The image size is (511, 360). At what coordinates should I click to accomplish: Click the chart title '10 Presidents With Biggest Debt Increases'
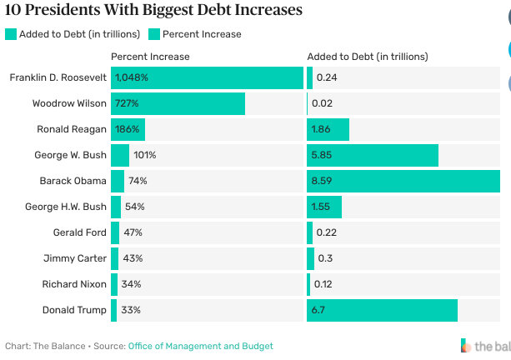click(x=153, y=11)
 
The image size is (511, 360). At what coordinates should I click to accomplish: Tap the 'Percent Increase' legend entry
click(x=201, y=34)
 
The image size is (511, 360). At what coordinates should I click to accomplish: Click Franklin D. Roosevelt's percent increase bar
click(x=207, y=77)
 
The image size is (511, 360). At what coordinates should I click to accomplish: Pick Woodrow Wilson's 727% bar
click(x=178, y=103)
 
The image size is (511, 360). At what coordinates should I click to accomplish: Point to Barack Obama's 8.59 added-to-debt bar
click(x=403, y=181)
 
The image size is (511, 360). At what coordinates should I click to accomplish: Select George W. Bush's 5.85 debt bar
click(x=373, y=155)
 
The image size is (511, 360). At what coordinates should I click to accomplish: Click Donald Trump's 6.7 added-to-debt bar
click(x=382, y=310)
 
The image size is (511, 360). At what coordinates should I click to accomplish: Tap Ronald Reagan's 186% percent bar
click(x=128, y=129)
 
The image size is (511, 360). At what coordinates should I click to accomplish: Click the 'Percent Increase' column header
click(x=150, y=57)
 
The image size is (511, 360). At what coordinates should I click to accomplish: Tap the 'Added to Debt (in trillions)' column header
click(x=368, y=57)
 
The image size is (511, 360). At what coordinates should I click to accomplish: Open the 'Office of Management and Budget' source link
click(x=200, y=346)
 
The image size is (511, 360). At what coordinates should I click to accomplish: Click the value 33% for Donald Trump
click(x=131, y=310)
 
